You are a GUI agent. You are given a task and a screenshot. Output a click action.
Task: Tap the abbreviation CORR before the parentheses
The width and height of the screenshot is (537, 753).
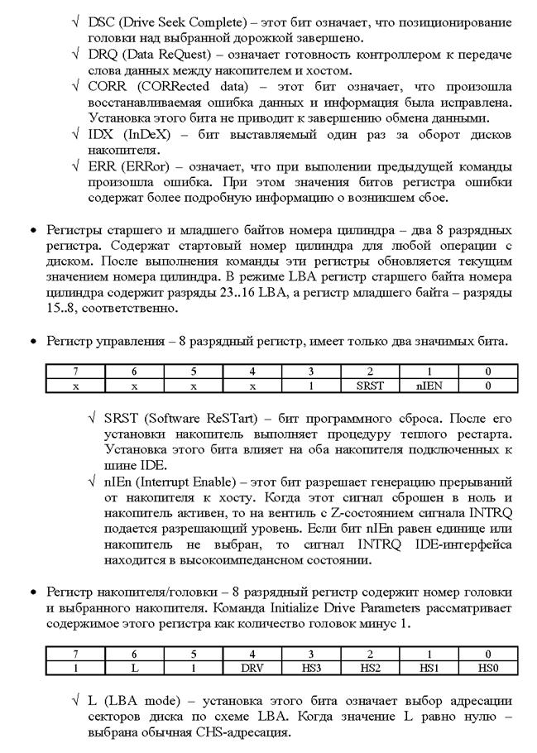coord(106,86)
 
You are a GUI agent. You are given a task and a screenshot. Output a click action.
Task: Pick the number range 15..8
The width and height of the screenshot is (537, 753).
coord(62,309)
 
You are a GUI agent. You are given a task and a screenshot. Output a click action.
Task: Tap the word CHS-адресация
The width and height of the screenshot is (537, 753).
coord(247,733)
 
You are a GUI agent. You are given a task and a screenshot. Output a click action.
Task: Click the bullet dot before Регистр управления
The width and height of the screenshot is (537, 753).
coord(33,342)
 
